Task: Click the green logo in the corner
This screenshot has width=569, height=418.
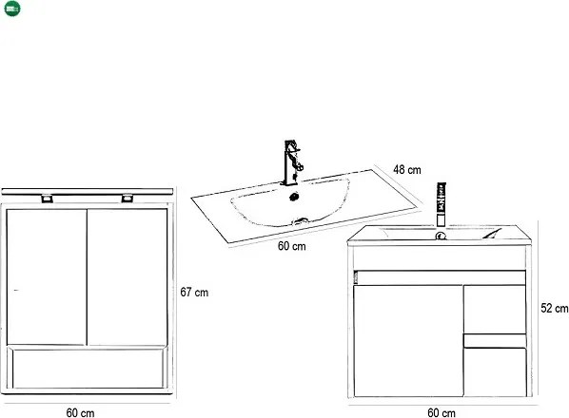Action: pos(12,9)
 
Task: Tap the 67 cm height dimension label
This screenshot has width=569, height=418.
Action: pos(194,293)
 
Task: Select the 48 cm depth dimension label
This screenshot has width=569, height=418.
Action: pos(407,169)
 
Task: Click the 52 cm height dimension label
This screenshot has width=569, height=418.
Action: pos(554,308)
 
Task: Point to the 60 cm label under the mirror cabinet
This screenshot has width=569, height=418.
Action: pos(80,412)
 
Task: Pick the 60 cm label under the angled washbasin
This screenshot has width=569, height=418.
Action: pos(292,246)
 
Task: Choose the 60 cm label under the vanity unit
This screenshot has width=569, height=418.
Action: pos(441,412)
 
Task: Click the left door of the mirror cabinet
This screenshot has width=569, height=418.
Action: pos(47,276)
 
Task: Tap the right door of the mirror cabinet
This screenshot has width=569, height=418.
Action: pos(128,276)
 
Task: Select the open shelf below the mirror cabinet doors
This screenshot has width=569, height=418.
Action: pos(88,368)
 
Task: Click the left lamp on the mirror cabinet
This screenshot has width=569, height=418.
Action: pos(47,199)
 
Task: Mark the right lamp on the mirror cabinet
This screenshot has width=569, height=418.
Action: pos(127,198)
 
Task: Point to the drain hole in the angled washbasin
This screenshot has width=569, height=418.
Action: pos(294,197)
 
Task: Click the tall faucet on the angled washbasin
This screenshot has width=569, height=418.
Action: pos(292,162)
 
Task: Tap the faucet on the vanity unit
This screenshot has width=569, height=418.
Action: pos(441,205)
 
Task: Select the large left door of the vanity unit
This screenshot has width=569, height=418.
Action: pos(408,341)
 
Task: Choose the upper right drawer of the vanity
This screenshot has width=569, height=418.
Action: pos(495,310)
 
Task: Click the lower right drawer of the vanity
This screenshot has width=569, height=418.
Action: pos(496,372)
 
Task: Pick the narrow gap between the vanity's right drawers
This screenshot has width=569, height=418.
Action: pos(495,341)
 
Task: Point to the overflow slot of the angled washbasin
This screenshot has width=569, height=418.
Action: pos(302,220)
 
